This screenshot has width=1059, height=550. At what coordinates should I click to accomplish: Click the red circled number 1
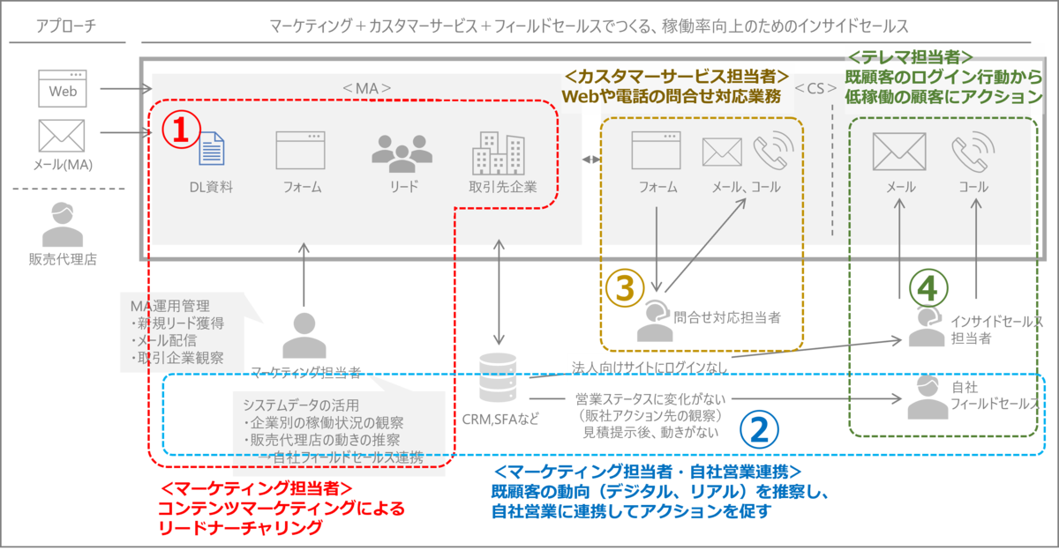point(179,130)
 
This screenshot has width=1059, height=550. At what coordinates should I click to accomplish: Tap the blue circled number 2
point(758,427)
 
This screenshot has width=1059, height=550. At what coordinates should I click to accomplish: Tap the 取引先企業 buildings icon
point(499,152)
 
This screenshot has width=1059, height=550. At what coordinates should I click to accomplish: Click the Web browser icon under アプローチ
point(63,89)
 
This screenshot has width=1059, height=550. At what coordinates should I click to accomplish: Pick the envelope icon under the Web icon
point(63,137)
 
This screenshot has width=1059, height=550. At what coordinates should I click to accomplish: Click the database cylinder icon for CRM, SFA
point(499,377)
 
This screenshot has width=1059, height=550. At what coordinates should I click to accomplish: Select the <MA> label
point(366,88)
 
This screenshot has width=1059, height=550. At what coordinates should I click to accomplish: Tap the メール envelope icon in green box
point(899,152)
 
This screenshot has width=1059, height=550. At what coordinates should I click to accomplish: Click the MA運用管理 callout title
point(169,306)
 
